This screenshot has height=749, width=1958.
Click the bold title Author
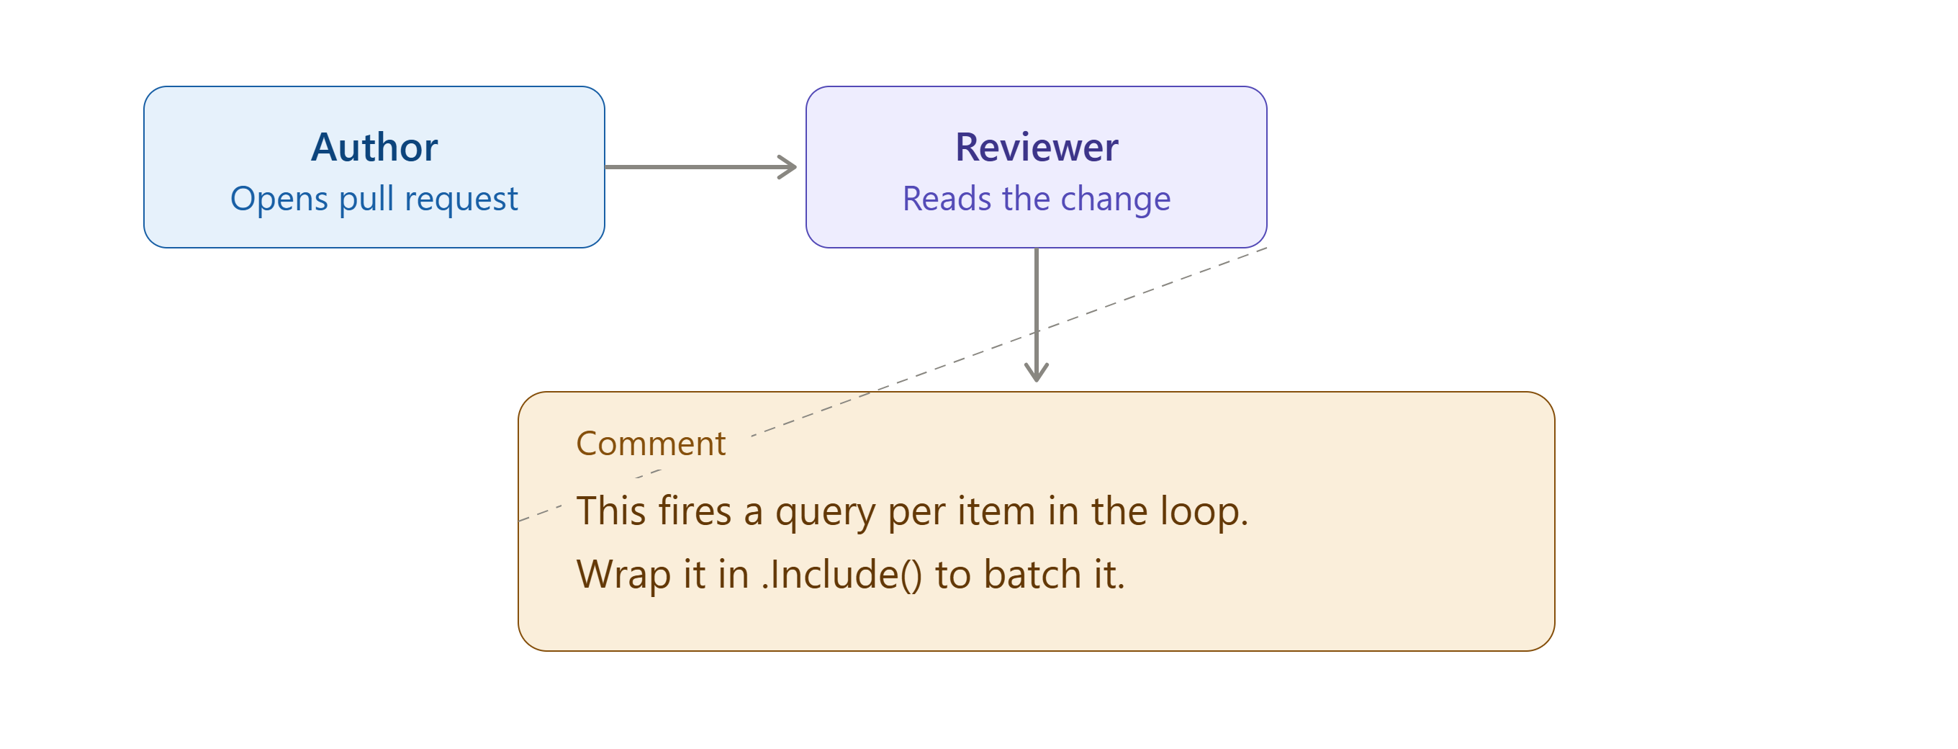click(x=374, y=147)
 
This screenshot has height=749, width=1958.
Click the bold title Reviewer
click(x=1037, y=147)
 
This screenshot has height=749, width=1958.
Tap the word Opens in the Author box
click(x=279, y=200)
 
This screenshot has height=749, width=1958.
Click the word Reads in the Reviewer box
click(x=947, y=199)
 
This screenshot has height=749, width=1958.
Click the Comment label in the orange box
click(x=651, y=444)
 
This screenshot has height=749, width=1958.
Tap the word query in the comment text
click(x=826, y=513)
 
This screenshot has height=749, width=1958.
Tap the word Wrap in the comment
click(x=624, y=575)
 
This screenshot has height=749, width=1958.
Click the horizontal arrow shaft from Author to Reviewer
click(x=700, y=167)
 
